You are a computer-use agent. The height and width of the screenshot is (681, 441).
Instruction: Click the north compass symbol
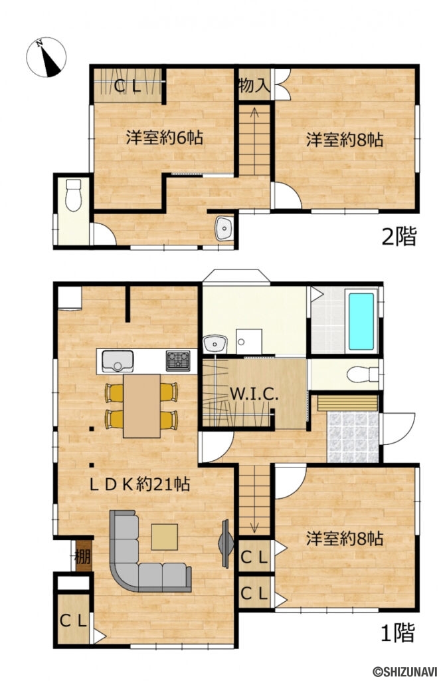click(x=46, y=57)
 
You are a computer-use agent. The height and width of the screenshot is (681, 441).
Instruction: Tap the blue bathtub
click(x=361, y=322)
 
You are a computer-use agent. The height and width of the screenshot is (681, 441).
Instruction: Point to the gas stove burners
click(x=177, y=360)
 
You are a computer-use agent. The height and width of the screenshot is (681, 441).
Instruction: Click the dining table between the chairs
click(x=141, y=406)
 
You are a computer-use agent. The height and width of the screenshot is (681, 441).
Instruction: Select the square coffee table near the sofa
click(x=164, y=537)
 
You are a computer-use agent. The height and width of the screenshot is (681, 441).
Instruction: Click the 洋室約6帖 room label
click(x=164, y=138)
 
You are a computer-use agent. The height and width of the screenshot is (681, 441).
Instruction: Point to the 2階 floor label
click(x=398, y=236)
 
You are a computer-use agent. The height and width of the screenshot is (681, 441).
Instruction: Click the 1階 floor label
click(x=397, y=632)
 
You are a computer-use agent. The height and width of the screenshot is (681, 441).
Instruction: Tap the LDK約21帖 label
click(x=139, y=484)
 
